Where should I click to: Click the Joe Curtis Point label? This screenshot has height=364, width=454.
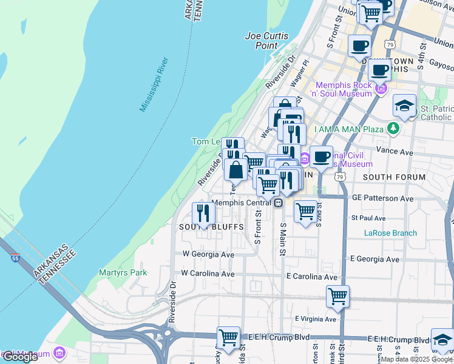pos(270,41)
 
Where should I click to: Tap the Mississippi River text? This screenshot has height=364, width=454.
pos(154,85)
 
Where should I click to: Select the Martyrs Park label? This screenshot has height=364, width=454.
pos(123,273)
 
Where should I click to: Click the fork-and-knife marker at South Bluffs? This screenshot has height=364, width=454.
pos(203,214)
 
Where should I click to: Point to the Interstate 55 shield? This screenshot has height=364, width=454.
pos(14,258)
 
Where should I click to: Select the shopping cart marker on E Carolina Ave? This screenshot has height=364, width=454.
pos(337,297)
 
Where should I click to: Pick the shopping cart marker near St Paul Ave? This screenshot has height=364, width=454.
pos(305,212)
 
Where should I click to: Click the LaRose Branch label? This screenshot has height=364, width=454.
pos(390,233)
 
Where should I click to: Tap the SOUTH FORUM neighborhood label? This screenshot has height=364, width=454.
pos(394,177)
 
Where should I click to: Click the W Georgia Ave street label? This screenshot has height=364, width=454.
pos(208,255)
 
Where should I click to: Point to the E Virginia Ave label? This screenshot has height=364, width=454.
pos(315,319)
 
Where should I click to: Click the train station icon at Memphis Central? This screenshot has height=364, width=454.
pos(279,203)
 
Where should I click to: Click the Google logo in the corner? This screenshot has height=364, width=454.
pos(20,357)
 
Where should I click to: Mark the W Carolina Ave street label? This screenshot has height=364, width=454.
pos(208,274)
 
